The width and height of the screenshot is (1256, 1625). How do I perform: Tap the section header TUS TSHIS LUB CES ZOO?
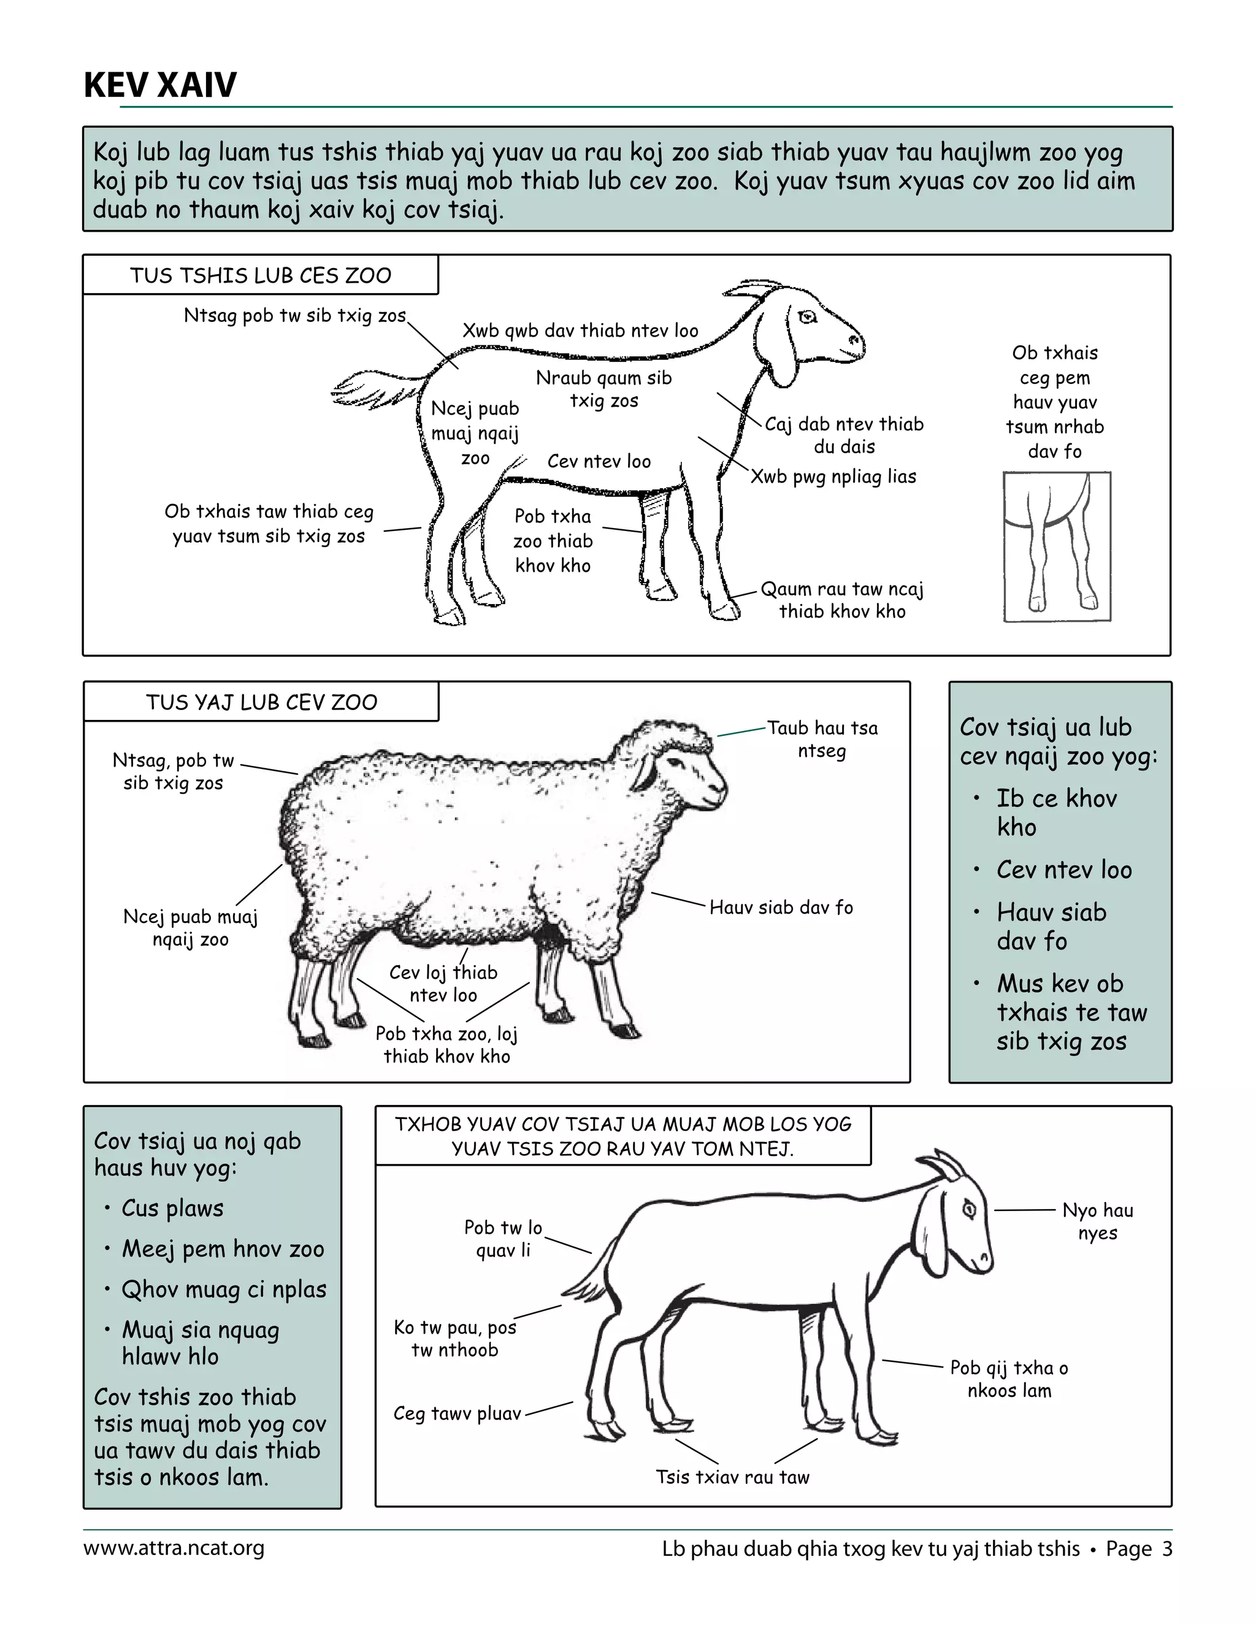(x=261, y=275)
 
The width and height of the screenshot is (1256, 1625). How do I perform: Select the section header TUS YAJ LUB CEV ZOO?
(x=261, y=702)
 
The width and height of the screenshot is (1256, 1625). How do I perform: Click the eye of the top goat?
(x=807, y=318)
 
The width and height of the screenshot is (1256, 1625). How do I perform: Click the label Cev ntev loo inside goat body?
(x=599, y=461)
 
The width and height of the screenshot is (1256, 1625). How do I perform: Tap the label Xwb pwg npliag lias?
(x=833, y=476)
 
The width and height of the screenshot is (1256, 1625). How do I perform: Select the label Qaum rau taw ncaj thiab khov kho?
(x=841, y=600)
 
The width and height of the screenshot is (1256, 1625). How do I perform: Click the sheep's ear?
(x=646, y=771)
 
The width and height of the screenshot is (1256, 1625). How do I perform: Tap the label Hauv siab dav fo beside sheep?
(x=781, y=907)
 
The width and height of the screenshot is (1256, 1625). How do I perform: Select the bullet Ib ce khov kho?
(x=1056, y=812)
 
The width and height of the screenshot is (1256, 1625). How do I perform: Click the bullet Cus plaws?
(x=172, y=1209)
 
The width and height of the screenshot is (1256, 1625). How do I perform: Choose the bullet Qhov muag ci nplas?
(x=224, y=1290)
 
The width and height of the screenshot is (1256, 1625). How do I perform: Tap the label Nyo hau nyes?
(x=1098, y=1221)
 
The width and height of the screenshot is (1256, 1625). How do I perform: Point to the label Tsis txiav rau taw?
(x=732, y=1477)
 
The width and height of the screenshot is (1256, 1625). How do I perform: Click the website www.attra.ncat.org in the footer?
(x=174, y=1548)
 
